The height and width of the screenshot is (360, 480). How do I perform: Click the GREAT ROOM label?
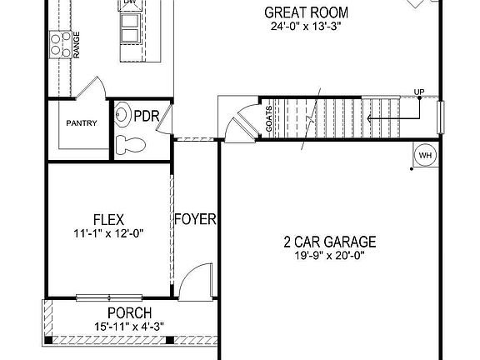tap(306, 12)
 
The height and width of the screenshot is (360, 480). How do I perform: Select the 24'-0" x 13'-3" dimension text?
tap(306, 27)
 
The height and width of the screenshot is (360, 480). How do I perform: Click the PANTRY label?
tap(82, 124)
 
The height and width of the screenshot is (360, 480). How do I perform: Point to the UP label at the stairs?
tap(418, 92)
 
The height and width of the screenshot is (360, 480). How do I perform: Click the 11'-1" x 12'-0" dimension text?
tap(108, 234)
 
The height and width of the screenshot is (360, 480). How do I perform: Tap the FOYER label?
tap(195, 221)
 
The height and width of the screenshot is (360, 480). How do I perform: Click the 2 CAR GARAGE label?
tap(329, 242)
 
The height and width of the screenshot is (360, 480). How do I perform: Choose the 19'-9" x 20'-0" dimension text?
tap(329, 257)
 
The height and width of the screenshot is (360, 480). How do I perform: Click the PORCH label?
tap(122, 312)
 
